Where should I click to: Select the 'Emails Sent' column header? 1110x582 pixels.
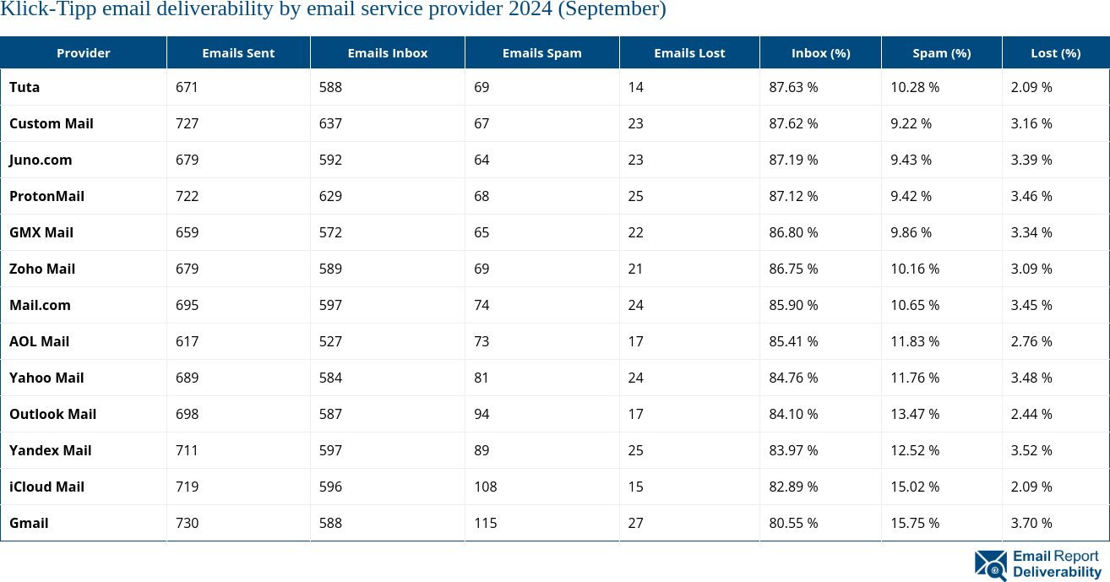coord(238,53)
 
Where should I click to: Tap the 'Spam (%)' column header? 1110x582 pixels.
coord(941,53)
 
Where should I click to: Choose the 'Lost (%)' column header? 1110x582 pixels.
coord(1055,53)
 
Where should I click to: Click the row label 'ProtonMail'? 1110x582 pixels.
coord(46,196)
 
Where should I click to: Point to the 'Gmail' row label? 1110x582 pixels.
coord(29,523)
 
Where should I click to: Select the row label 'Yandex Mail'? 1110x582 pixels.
coord(50,450)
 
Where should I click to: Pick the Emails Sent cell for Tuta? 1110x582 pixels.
coord(187,87)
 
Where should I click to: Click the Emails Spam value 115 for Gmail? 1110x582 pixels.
coord(485,523)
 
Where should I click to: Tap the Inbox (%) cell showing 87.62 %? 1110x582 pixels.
coord(793,123)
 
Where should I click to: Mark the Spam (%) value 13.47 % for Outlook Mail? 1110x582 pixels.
coord(915,414)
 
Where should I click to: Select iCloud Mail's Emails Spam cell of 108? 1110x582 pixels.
coord(485,487)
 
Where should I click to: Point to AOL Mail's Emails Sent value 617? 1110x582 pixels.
coord(187,341)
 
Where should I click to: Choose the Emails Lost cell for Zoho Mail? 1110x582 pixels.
coord(635,269)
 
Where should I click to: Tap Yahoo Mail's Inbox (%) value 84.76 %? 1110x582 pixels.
coord(793,378)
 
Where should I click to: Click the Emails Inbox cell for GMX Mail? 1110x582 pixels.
coord(330,232)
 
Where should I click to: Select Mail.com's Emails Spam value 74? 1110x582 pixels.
coord(482,305)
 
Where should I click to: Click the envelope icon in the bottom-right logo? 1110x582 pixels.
coord(990,565)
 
